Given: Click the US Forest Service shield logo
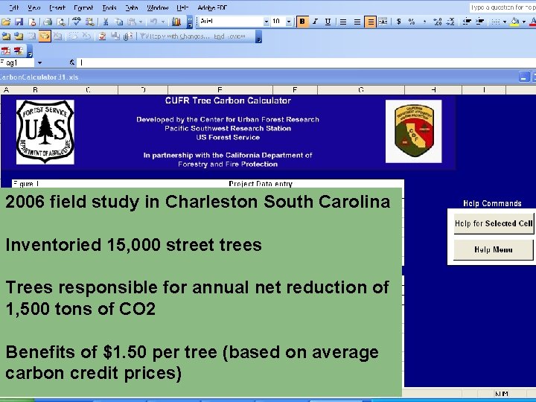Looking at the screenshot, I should [45, 132].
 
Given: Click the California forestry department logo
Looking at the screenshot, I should [413, 131].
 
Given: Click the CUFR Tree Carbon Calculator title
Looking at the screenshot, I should [228, 100].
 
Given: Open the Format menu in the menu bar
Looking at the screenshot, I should [83, 7].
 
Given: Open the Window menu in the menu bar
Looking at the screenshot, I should [157, 7].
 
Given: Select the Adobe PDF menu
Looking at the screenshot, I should [211, 7].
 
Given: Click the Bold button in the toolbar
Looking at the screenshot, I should [302, 22].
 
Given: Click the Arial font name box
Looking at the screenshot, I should [231, 22].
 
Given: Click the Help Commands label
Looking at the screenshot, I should [492, 203].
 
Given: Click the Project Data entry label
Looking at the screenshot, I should [261, 184].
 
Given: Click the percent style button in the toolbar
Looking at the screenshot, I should [411, 22].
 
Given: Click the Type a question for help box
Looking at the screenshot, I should [500, 7].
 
